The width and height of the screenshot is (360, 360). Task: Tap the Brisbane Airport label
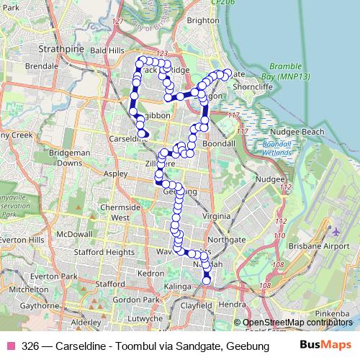tap(316, 246)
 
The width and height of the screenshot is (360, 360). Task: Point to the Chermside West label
tap(114, 212)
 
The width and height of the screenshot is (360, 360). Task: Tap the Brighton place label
tap(202, 21)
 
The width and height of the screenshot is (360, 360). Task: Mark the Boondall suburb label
tap(219, 144)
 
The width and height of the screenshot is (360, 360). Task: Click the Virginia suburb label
tap(217, 215)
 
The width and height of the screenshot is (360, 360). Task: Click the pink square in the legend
tap(12, 346)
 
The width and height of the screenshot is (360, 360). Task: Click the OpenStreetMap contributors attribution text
tap(298, 323)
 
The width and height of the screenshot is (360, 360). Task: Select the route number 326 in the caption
tap(30, 346)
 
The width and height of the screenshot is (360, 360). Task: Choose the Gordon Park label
tap(130, 300)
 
